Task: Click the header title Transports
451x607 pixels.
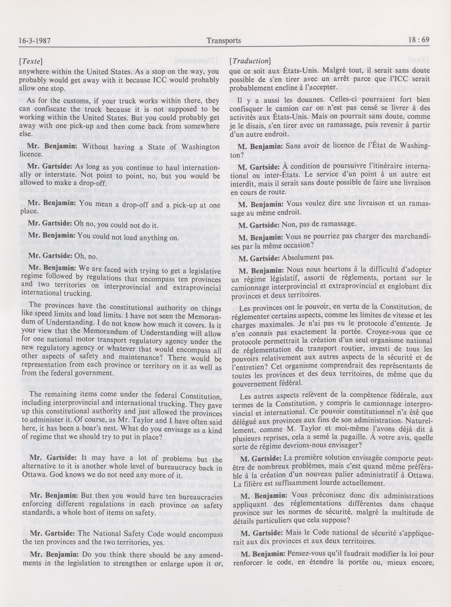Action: (224, 40)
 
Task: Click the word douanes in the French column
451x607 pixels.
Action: (278, 100)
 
